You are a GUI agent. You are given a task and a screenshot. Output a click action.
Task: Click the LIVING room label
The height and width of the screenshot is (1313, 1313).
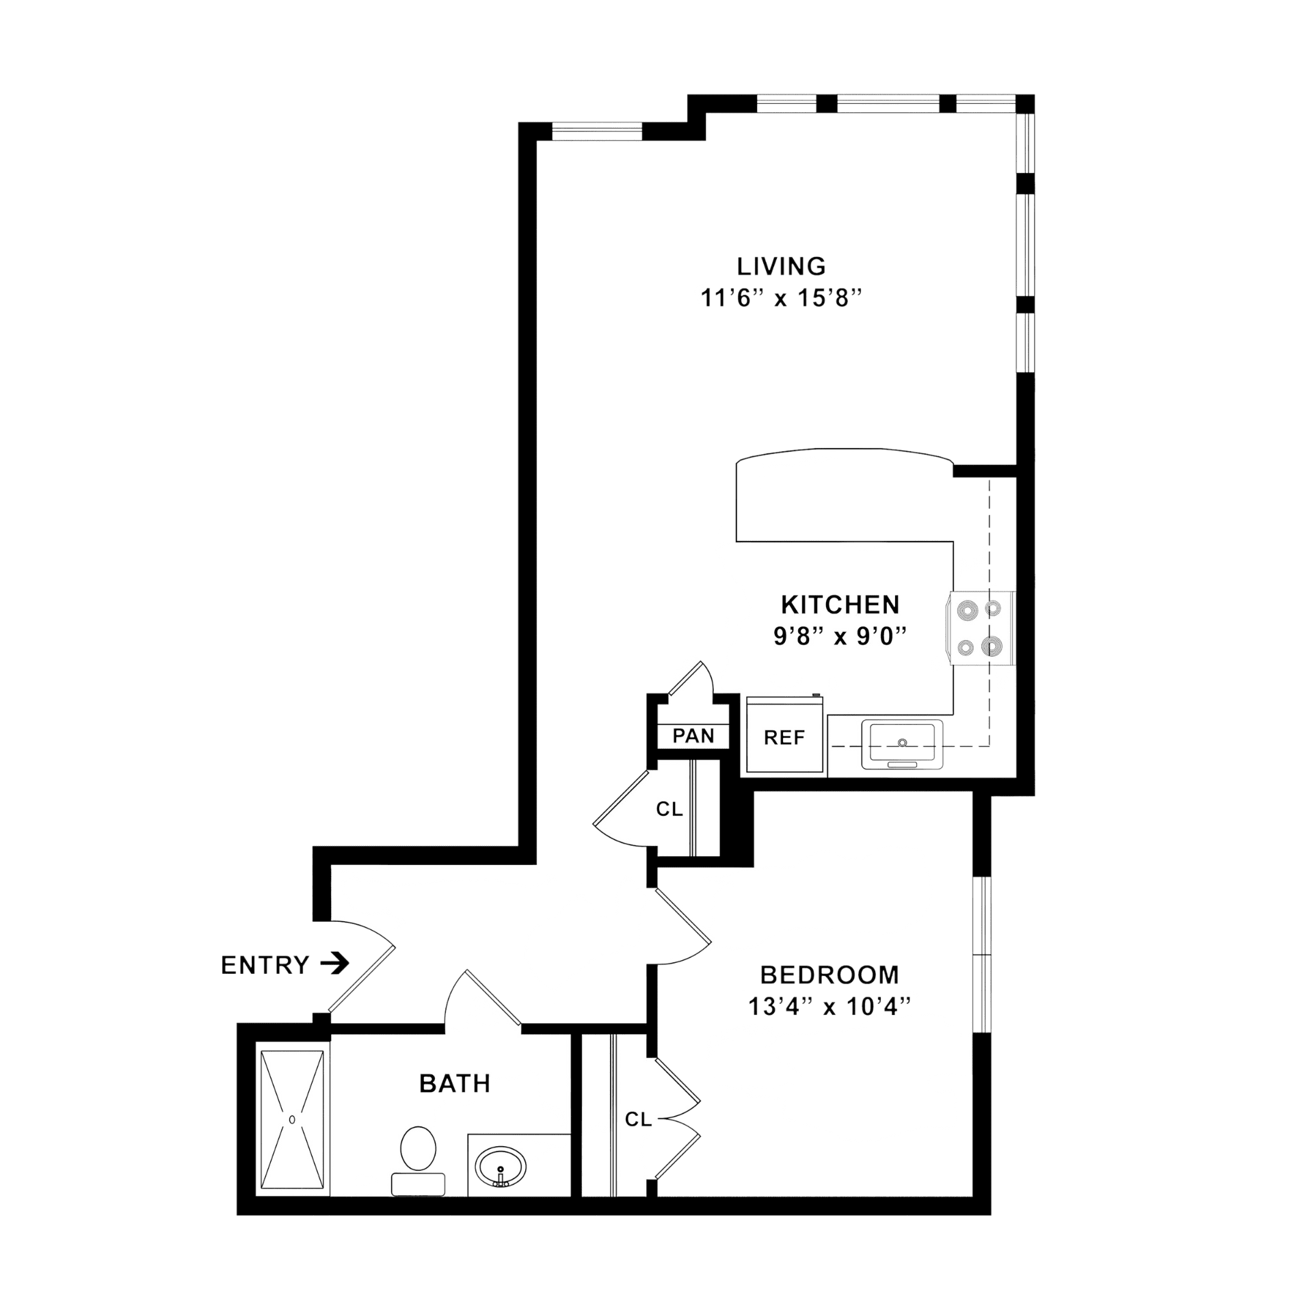coord(781,266)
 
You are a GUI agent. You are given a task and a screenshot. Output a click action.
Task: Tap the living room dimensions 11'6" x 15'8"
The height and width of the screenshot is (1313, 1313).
coord(781,298)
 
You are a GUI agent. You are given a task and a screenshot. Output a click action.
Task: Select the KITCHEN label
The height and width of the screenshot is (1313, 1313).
coord(840,605)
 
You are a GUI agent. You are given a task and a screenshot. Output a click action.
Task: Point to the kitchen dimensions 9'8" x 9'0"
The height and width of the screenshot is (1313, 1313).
coord(840,637)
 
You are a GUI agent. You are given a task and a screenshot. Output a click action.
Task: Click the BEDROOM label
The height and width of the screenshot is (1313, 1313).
coord(830,974)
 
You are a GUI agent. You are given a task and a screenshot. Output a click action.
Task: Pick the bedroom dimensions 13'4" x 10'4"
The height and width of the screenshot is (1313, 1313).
coord(830,1007)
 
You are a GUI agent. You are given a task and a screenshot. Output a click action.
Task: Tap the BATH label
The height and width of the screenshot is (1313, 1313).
coord(455,1083)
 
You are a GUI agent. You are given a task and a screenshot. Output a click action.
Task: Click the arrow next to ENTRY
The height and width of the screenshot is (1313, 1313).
coord(335,964)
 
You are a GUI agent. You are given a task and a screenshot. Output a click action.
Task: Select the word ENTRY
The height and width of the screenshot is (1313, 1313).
coord(265,965)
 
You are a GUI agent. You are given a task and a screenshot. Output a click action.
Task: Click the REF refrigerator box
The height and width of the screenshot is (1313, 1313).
coord(785,735)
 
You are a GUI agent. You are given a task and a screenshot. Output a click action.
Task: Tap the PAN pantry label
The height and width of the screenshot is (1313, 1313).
coord(693,736)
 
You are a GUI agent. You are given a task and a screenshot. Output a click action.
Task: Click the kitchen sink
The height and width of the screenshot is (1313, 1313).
coord(902,744)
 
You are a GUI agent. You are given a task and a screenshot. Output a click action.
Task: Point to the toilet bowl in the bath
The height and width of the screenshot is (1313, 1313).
coord(418,1148)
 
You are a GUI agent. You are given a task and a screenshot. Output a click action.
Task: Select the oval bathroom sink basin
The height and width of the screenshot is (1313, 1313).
coord(501,1167)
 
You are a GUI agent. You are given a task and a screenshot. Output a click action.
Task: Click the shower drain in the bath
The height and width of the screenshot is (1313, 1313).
coord(292,1119)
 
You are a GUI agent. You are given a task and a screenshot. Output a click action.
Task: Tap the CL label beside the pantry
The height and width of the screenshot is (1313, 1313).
coord(669,809)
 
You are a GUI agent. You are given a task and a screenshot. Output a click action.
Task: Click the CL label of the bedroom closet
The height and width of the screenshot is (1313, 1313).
coord(638,1119)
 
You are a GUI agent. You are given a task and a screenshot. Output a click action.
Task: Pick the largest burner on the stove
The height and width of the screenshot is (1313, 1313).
coord(992,646)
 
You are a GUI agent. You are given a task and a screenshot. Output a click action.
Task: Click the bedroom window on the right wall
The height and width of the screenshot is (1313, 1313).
coord(982,955)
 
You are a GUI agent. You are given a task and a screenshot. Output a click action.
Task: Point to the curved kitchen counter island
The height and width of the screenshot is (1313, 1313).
coord(845,495)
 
